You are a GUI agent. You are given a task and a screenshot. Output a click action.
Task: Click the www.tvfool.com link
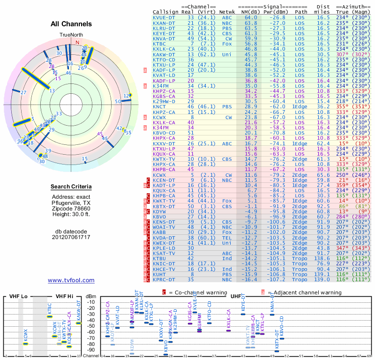click(x=71, y=280)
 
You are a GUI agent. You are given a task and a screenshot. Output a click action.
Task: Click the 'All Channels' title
click(x=71, y=24)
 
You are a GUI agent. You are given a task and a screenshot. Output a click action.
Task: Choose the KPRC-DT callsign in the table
click(x=165, y=280)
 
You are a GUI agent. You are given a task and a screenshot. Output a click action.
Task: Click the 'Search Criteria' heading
click(x=71, y=187)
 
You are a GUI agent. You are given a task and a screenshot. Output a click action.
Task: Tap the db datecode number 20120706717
click(x=71, y=237)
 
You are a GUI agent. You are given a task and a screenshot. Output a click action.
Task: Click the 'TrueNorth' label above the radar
click(x=71, y=35)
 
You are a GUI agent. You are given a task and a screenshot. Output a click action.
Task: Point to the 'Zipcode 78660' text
click(x=71, y=208)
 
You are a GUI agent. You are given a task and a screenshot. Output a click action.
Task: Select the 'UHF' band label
click(x=237, y=296)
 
